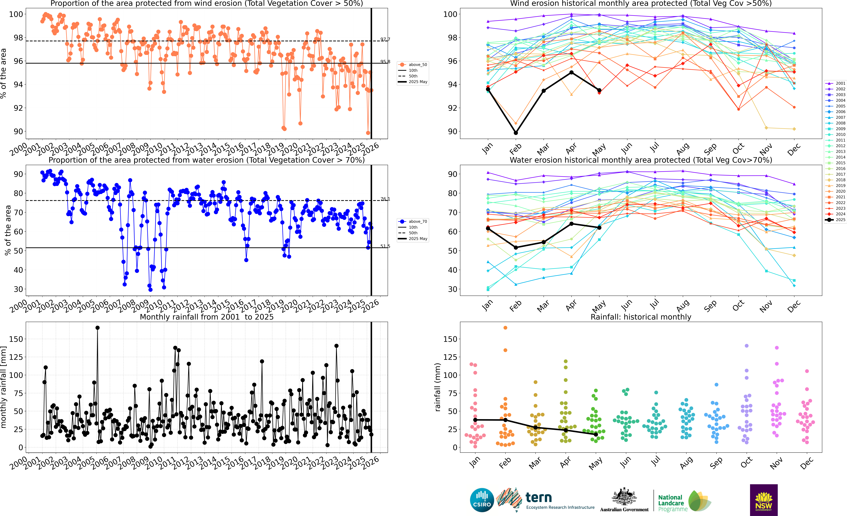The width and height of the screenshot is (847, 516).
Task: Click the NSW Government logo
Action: tap(764, 500)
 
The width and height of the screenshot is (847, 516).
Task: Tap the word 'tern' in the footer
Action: tap(539, 497)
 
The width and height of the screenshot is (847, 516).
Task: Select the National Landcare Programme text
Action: tap(672, 503)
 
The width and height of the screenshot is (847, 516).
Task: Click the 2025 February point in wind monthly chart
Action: tap(516, 133)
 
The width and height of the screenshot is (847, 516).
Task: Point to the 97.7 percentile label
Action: tap(385, 39)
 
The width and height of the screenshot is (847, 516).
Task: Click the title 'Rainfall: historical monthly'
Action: tap(641, 317)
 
